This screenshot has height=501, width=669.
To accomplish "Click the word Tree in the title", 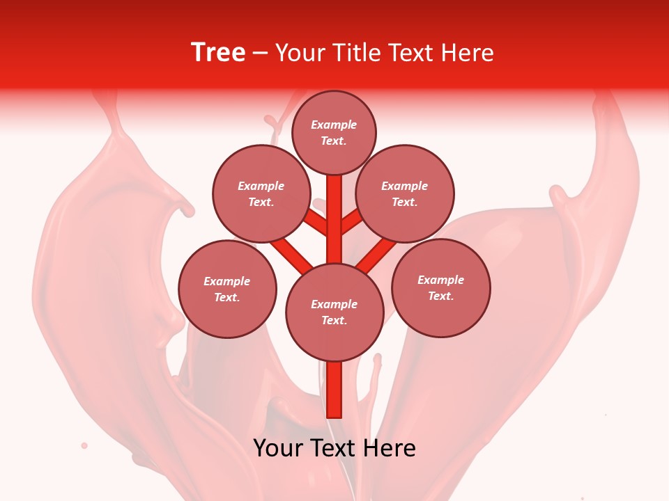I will pos(217,52).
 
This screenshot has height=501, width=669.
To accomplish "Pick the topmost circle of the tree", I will pos(334,132).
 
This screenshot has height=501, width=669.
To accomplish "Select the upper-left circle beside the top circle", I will pos(261,194).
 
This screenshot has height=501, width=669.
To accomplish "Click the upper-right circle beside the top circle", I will pos(405,194).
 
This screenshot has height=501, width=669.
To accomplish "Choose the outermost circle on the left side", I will pos(227,289).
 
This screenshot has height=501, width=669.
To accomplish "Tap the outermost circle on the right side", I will pos(440,287).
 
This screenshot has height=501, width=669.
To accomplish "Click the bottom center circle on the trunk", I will pos(334,312).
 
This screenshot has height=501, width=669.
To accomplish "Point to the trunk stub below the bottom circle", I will pos(334,390).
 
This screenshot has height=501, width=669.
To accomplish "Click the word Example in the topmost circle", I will pos(334,125).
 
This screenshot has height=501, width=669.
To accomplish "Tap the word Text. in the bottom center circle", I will pos(334,320).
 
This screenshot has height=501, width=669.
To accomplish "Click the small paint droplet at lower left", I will pos(84,445).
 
